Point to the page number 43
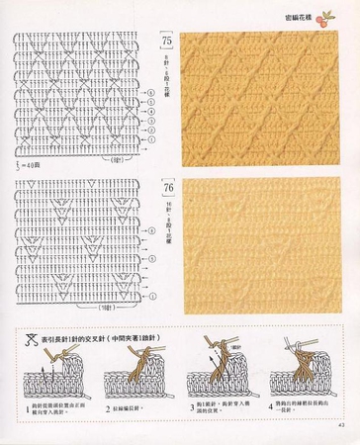[x=338, y=427]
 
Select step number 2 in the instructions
[x=108, y=405]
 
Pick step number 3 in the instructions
[x=190, y=405]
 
